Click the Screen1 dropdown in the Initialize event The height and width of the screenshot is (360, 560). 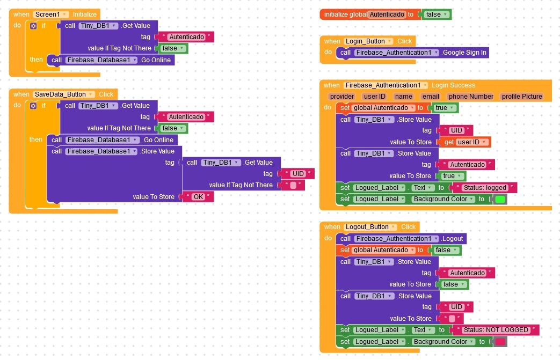click(x=50, y=14)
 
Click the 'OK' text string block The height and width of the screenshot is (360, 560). click(x=198, y=196)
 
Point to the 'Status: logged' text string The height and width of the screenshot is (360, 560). click(x=485, y=188)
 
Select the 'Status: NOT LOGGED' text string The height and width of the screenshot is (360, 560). click(x=496, y=330)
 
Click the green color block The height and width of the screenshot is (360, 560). click(x=500, y=199)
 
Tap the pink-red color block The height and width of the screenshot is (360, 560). click(x=500, y=342)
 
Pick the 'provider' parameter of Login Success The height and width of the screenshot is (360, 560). click(x=342, y=97)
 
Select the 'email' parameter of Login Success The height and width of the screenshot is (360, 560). click(x=431, y=97)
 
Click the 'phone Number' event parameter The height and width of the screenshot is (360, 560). click(x=471, y=97)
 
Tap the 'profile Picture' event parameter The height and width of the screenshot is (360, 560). click(x=522, y=97)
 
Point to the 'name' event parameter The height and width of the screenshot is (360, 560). click(x=404, y=97)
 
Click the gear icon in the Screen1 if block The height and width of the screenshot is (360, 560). click(x=33, y=26)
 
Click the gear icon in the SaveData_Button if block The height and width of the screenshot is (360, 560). click(x=33, y=106)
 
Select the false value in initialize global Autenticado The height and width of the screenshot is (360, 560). click(x=437, y=14)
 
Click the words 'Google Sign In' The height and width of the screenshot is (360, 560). click(x=464, y=53)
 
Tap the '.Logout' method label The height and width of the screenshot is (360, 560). click(x=452, y=239)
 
